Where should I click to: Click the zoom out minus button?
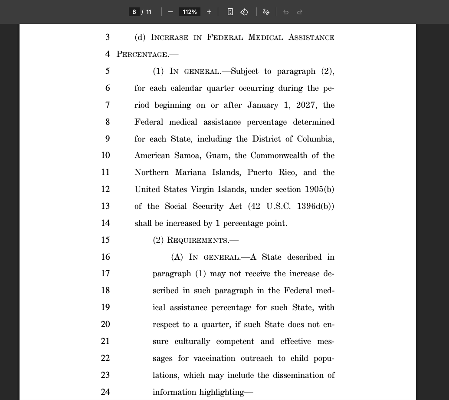(170, 12)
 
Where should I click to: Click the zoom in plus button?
(209, 12)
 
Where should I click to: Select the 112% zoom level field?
(190, 12)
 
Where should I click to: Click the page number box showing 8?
(134, 12)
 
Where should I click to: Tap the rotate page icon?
(244, 12)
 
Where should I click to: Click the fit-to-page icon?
(230, 12)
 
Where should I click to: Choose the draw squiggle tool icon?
(266, 12)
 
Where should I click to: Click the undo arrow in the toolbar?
(286, 12)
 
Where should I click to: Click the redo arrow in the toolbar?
(300, 12)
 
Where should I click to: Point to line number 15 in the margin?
(105, 240)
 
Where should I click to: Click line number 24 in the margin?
(105, 392)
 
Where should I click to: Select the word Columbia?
(315, 139)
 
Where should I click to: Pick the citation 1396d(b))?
(315, 206)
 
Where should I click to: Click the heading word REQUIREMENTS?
(198, 240)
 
